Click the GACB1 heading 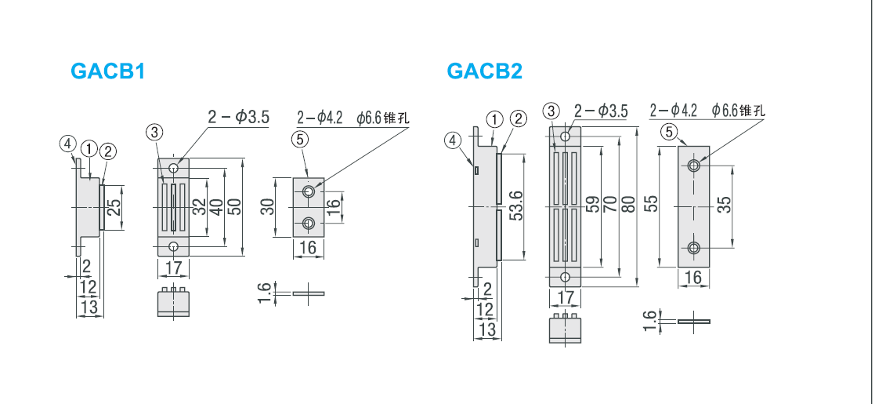click(107, 71)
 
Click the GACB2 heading click(484, 71)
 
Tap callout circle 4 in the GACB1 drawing click(67, 144)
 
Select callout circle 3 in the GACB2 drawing click(551, 111)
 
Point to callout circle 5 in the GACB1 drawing click(300, 139)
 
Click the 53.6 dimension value click(516, 206)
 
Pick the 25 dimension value click(114, 207)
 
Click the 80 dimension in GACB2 click(629, 203)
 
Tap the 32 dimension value click(199, 206)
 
